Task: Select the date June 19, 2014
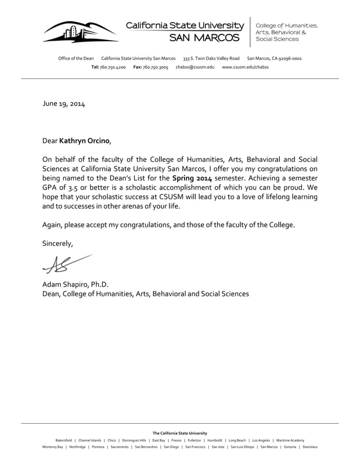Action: (x=64, y=104)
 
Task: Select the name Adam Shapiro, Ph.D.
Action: (x=75, y=284)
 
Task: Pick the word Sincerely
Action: (x=58, y=244)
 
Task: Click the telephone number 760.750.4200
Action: (x=113, y=67)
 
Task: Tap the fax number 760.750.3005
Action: (x=155, y=67)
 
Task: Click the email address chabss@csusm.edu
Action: (x=195, y=67)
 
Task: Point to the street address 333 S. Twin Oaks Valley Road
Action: (x=211, y=59)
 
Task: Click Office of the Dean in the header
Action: (x=76, y=59)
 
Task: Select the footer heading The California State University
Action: (x=179, y=433)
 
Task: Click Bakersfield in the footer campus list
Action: (x=64, y=440)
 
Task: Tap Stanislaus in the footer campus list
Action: (x=310, y=447)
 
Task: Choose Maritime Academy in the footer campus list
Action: (x=291, y=440)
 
